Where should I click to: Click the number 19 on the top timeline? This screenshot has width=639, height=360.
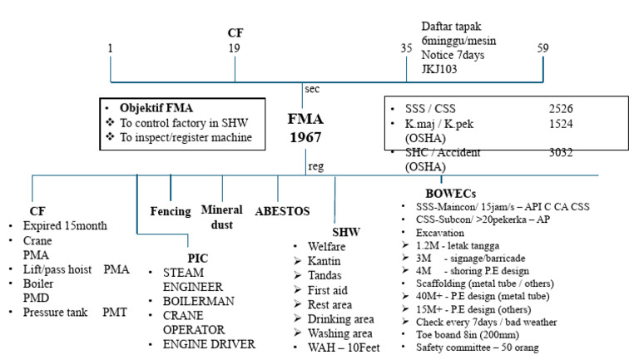(235, 48)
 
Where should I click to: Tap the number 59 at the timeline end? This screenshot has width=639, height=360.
(542, 48)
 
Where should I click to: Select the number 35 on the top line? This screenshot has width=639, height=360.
(406, 48)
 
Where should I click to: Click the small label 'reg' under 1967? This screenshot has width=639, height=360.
(315, 166)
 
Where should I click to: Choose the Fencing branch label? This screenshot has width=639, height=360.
(171, 210)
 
